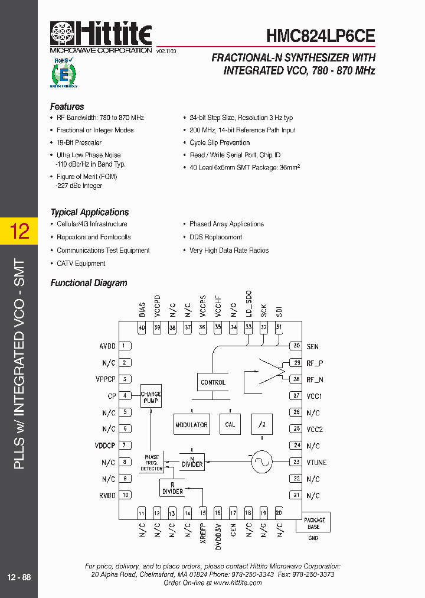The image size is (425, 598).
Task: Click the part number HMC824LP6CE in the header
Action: pos(321,35)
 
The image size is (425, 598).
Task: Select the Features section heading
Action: pos(67,107)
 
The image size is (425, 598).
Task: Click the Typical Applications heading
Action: pos(89,212)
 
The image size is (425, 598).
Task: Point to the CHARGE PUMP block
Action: pos(151,397)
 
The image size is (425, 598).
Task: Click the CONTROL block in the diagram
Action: pos(213,382)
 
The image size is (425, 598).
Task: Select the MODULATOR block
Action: pos(191,424)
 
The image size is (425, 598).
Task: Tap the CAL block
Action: pos(230,424)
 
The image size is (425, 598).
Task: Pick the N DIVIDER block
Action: pos(192,461)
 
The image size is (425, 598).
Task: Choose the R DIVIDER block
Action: pos(172,488)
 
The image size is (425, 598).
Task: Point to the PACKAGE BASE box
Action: pos(314,523)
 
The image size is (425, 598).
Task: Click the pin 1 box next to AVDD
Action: pos(125,346)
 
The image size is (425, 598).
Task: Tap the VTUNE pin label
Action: pos(316,463)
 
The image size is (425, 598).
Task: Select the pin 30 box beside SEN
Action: pos(296,346)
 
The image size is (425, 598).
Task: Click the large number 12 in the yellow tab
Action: pos(19,231)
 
